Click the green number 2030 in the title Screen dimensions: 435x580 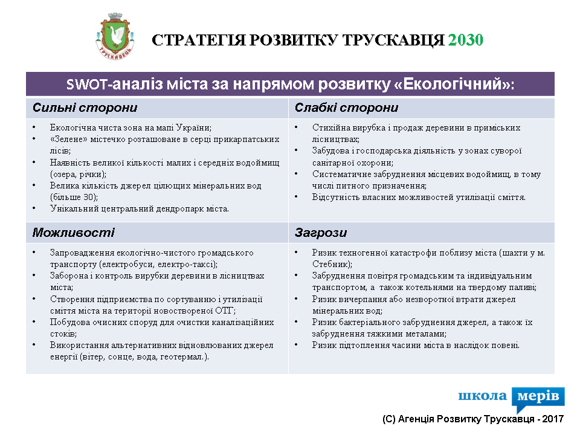[466, 40]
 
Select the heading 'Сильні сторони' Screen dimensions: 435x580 [85, 108]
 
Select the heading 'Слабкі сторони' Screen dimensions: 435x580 [346, 108]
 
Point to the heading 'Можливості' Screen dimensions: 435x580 [73, 233]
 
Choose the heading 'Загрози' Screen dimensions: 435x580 [321, 233]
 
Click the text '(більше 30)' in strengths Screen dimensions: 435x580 [74, 197]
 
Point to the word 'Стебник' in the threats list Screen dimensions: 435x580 [330, 264]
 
